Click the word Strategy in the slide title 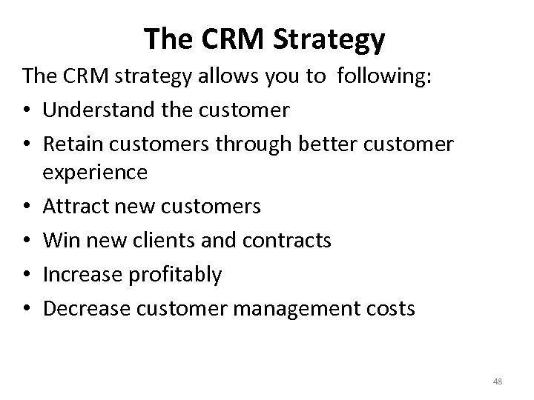tap(329, 40)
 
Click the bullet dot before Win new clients tap(27, 241)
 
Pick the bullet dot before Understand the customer tap(27, 112)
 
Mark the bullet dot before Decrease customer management tap(27, 308)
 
